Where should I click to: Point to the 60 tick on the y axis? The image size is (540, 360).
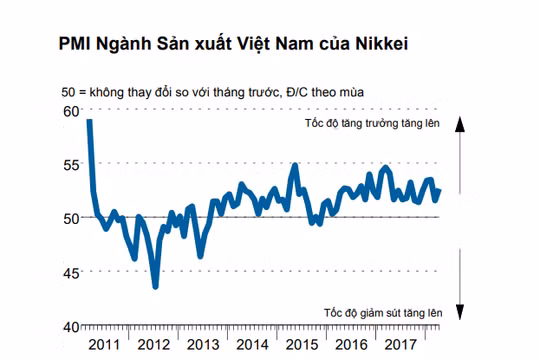(69, 111)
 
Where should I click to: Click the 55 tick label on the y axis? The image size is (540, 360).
(69, 164)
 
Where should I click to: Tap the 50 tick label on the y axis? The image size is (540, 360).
(69, 218)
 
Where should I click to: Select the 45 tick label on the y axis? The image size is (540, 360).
(69, 272)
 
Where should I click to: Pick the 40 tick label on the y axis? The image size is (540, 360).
(69, 326)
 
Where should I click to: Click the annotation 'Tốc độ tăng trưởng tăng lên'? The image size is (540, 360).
(373, 123)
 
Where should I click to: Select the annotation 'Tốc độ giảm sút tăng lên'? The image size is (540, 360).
(381, 313)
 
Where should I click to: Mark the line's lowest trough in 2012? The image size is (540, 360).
(155, 287)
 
